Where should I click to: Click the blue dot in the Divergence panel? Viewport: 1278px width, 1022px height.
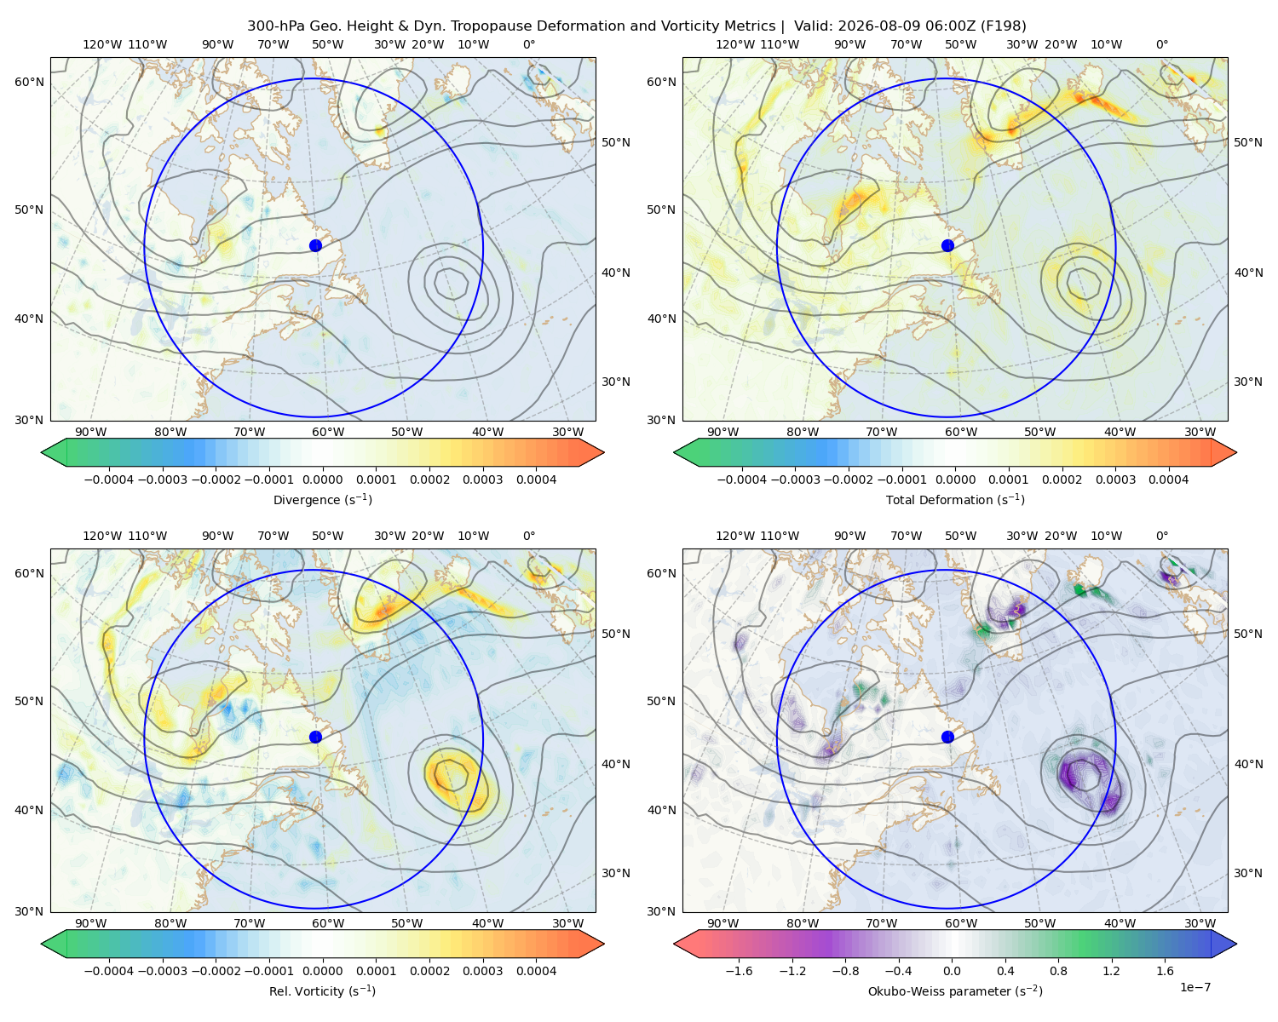(x=315, y=245)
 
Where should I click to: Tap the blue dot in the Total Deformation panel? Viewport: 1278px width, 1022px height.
(x=947, y=245)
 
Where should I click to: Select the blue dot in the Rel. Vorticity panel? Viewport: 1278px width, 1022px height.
(x=315, y=737)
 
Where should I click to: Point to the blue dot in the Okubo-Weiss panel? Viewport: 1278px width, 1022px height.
(x=947, y=737)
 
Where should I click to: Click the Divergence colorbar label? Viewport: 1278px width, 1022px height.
(x=322, y=499)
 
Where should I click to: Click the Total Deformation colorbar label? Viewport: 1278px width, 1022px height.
(x=955, y=499)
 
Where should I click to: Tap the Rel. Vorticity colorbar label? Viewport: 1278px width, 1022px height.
(x=322, y=990)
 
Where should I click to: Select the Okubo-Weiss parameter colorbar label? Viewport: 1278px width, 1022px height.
(x=955, y=990)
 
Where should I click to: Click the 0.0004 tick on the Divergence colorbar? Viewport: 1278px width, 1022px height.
(x=536, y=479)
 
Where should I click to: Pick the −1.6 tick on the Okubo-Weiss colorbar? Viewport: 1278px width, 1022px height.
(x=739, y=971)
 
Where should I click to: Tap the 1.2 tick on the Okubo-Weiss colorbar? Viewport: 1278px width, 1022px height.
(x=1111, y=971)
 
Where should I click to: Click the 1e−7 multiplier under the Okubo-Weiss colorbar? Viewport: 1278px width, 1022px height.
(x=1195, y=987)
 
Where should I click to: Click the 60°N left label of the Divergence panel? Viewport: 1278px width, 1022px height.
(x=29, y=82)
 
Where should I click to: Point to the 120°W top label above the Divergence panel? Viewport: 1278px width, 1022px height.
(x=102, y=44)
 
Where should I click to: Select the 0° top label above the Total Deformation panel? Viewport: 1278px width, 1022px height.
(x=1161, y=44)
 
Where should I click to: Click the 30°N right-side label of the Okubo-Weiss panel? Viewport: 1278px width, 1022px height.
(x=1248, y=873)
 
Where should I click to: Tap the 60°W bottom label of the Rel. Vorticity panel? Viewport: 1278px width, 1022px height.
(x=328, y=923)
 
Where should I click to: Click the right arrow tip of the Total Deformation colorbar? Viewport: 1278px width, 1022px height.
(x=1236, y=452)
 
